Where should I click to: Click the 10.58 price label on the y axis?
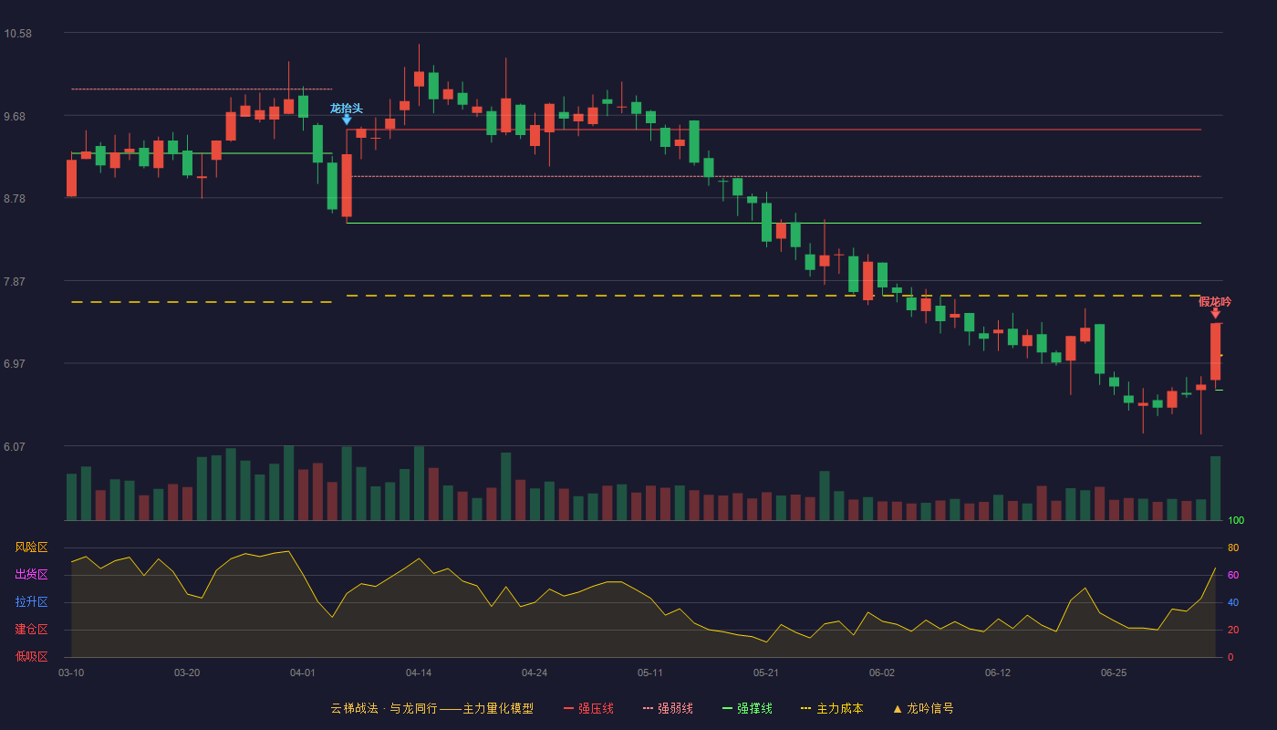[17, 34]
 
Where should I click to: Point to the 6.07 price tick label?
[15, 446]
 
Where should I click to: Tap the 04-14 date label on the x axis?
[419, 673]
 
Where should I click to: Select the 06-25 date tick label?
[1114, 673]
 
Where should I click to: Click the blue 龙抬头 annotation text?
[346, 109]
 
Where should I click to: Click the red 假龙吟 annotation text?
[1215, 302]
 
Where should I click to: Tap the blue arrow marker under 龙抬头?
[347, 120]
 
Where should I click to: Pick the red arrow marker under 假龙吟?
[1215, 313]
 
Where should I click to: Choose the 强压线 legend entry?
[588, 708]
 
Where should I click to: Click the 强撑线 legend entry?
[747, 708]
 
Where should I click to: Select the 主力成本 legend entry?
[832, 708]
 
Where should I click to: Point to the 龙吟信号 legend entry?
[923, 708]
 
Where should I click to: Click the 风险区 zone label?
[31, 547]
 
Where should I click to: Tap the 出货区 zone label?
[31, 574]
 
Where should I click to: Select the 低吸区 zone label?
[31, 656]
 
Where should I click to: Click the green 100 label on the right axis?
[1236, 520]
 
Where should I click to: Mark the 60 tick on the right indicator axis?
[1233, 575]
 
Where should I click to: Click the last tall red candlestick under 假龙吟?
[1215, 351]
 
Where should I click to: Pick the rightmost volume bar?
[1215, 488]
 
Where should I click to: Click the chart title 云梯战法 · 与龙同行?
[384, 708]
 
